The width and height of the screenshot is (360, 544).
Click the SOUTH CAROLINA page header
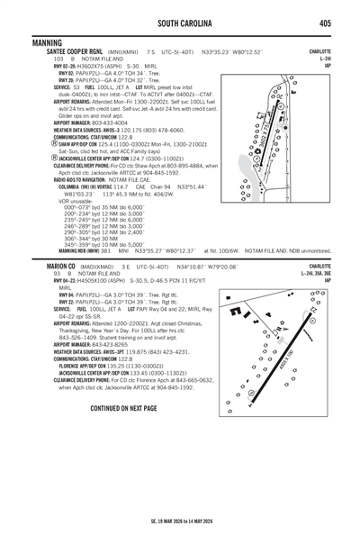coord(179,23)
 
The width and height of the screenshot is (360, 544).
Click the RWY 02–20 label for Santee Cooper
coord(40,66)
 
